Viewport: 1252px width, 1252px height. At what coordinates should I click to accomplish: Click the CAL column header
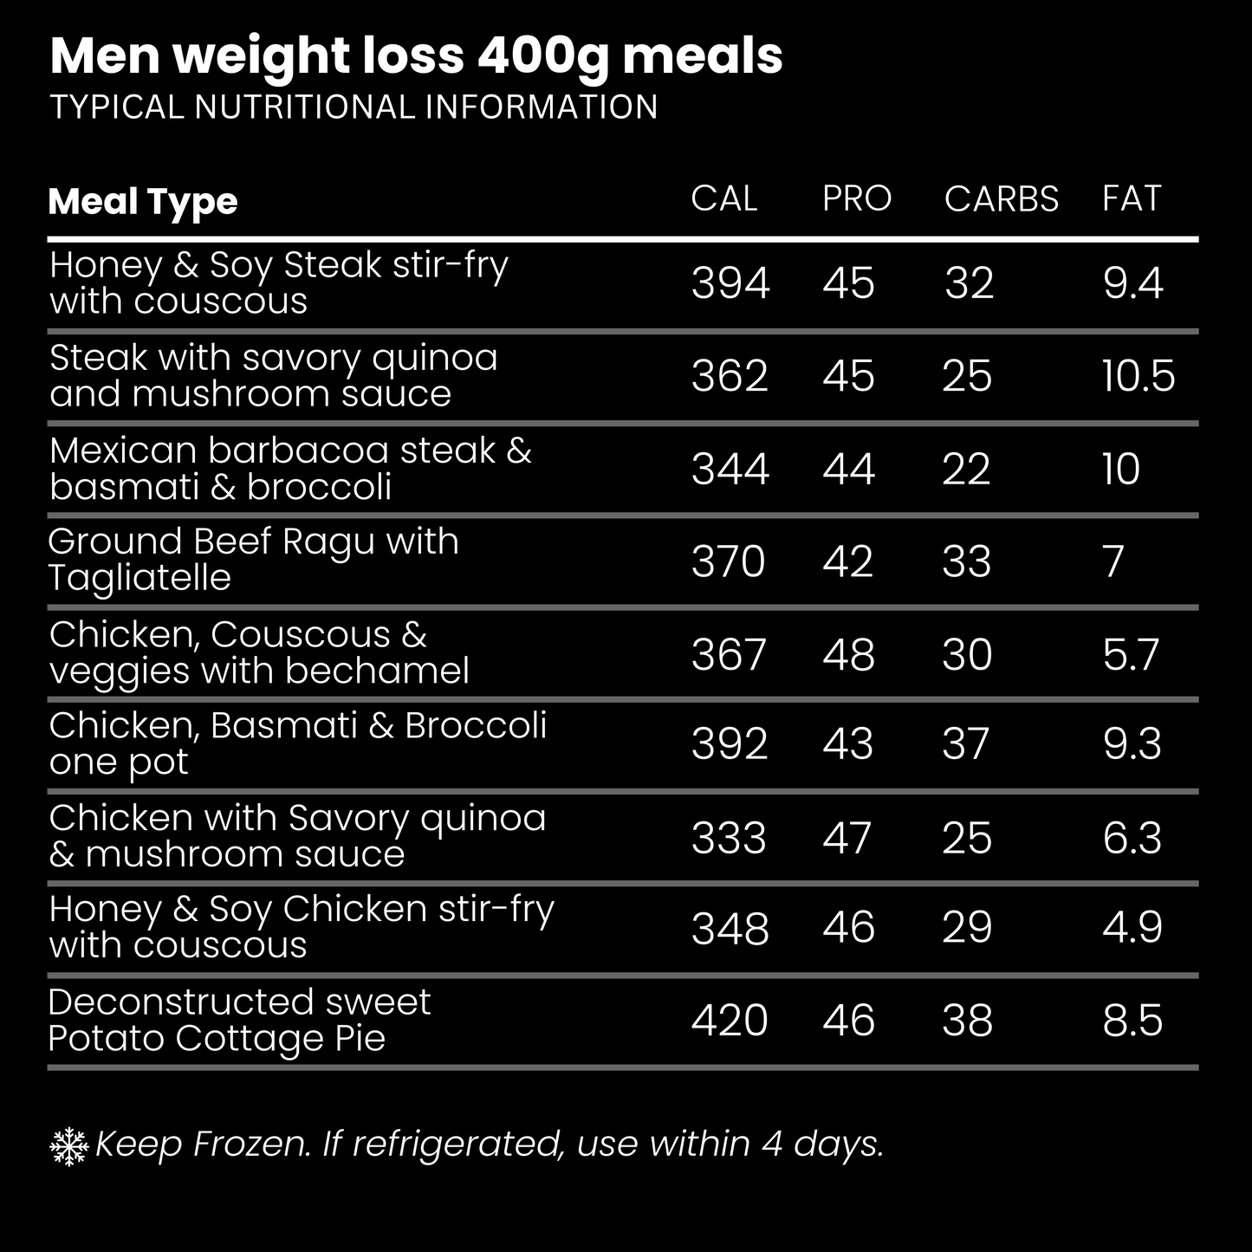click(723, 198)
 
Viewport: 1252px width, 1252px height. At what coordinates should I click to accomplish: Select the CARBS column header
click(1001, 198)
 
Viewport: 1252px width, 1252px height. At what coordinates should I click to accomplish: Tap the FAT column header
click(1131, 198)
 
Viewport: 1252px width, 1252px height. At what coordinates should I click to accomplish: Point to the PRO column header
click(856, 198)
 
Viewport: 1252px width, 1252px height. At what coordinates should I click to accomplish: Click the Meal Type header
click(143, 202)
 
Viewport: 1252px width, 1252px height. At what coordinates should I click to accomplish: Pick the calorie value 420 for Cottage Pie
click(730, 1020)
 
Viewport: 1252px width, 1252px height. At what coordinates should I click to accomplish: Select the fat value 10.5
click(1138, 376)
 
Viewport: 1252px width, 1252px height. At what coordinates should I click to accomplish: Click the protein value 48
click(848, 654)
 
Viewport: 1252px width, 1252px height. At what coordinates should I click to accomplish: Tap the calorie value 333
click(729, 838)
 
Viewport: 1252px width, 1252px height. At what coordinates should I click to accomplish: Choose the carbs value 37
click(966, 744)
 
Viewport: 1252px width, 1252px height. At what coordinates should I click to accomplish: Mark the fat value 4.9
click(1132, 928)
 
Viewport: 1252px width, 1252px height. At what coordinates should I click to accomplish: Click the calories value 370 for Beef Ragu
click(728, 561)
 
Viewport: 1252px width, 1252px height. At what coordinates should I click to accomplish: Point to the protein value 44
click(848, 469)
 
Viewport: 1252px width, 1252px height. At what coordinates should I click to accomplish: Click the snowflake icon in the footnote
click(69, 1146)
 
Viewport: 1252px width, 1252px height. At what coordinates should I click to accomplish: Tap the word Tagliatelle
click(139, 578)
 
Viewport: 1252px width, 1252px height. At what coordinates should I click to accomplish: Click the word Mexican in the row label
click(123, 451)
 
